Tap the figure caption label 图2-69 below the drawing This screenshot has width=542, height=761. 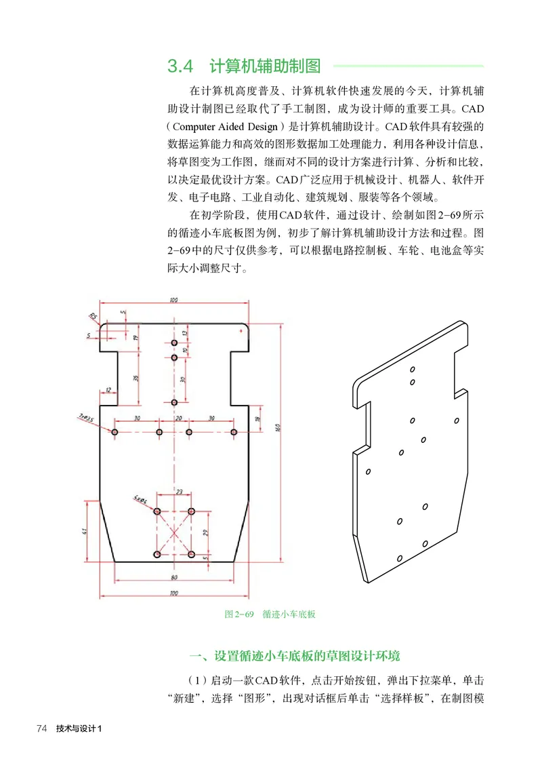tap(238, 614)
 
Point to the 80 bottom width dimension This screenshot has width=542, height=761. tap(173, 578)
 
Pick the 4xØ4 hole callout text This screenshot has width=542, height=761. tap(141, 499)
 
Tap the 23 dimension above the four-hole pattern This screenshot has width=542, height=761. tap(179, 491)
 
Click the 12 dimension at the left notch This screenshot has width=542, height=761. tap(108, 390)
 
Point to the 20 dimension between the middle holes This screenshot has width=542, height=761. tap(180, 418)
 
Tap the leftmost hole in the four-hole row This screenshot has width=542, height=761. tap(115, 432)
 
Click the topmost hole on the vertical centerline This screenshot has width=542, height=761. tap(174, 343)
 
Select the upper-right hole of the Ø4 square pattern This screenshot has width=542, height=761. tap(192, 511)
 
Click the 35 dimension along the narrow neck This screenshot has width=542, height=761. tap(136, 378)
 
